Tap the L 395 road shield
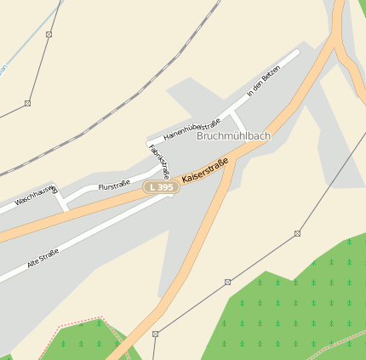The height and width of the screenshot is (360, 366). point(161,186)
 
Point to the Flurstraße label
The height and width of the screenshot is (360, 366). point(114,185)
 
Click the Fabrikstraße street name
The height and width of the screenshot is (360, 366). point(159,160)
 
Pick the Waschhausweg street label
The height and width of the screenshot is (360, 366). point(28,197)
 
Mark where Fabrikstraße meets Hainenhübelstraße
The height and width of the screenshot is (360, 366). point(149,140)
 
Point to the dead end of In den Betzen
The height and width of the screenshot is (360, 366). point(297,52)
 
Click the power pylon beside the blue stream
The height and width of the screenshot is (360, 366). point(49,34)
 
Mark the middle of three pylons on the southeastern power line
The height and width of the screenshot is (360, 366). point(228,282)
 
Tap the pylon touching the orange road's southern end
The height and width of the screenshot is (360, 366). point(155,334)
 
